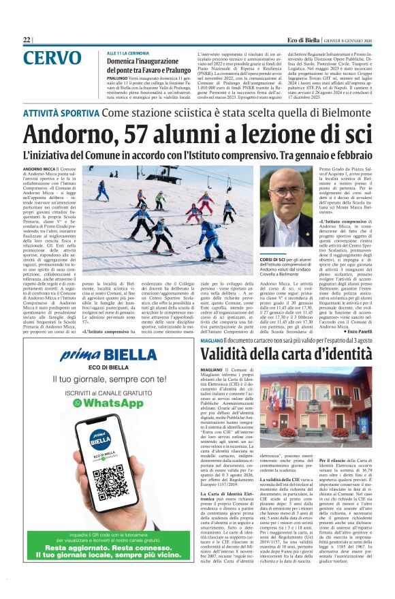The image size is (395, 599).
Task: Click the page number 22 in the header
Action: click(x=27, y=40)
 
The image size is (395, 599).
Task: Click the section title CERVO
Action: click(x=51, y=58)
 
